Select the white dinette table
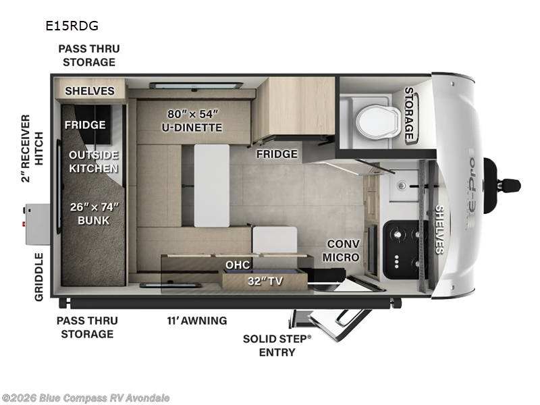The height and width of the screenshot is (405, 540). tap(212, 184)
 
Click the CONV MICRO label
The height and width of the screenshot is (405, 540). tap(341, 250)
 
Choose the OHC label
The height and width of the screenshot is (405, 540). tap(238, 265)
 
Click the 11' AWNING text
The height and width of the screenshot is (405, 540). tap(197, 320)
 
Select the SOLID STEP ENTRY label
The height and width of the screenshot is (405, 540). tap(277, 345)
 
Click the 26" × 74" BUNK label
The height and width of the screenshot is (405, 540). tap(94, 214)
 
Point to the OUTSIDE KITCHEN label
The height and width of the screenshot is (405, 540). tap(94, 161)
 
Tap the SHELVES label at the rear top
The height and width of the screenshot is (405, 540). tap(90, 90)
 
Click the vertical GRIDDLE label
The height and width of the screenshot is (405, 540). tap(38, 277)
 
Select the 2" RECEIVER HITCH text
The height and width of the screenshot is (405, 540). tap(25, 148)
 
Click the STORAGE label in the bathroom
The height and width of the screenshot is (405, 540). tap(409, 113)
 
